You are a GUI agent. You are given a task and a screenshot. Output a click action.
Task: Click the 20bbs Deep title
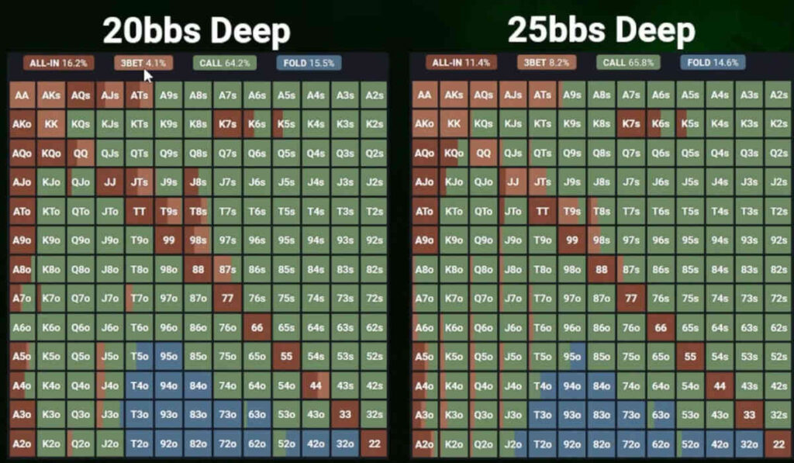tap(196, 32)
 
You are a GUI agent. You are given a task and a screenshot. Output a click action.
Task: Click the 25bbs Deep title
tap(601, 32)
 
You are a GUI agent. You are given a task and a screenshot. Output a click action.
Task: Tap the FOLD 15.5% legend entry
tap(309, 63)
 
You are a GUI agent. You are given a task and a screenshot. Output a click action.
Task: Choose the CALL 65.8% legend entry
tap(628, 63)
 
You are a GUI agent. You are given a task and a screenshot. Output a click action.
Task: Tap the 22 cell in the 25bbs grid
tap(775, 444)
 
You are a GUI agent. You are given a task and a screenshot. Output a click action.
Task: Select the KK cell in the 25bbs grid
tap(454, 124)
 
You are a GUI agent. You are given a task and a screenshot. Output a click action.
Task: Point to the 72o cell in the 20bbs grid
tap(227, 444)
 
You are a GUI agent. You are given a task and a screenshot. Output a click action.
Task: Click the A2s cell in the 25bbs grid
tap(775, 95)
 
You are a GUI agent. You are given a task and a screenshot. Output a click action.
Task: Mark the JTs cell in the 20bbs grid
tap(140, 182)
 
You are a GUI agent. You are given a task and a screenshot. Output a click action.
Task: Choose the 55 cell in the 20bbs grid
tap(286, 357)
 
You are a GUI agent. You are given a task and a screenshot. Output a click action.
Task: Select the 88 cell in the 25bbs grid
tap(600, 270)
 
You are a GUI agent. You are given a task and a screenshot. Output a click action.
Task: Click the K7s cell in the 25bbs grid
tap(630, 124)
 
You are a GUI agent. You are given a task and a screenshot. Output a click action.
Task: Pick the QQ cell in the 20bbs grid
tap(81, 153)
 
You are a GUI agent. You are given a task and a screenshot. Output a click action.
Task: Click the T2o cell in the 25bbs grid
tap(541, 444)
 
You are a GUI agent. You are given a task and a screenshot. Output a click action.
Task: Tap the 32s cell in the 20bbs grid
tap(374, 415)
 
